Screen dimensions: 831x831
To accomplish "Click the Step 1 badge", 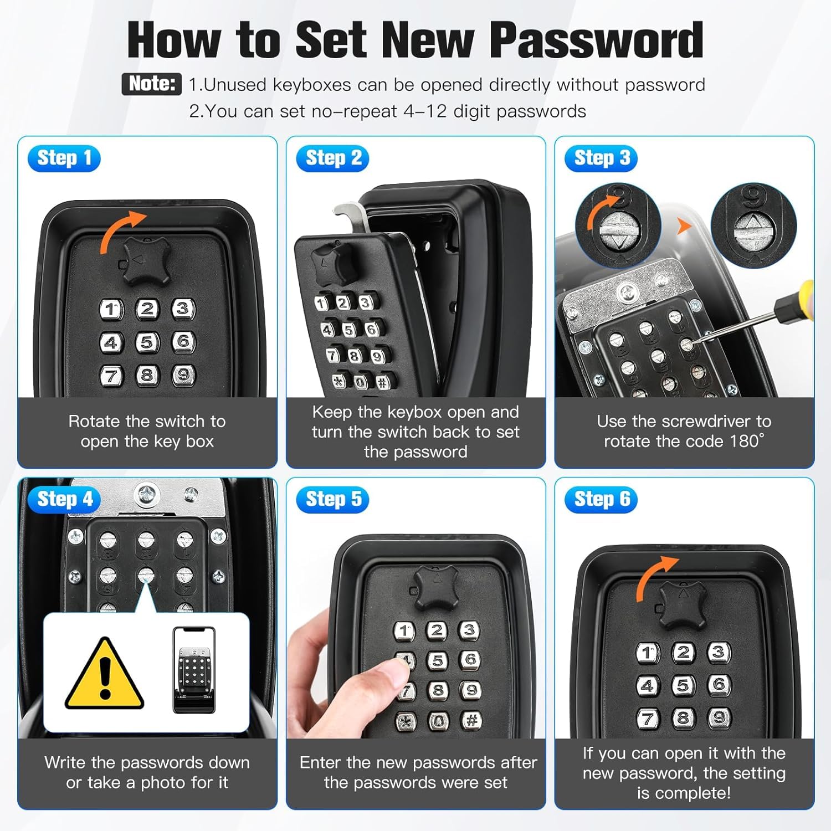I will [x=64, y=158].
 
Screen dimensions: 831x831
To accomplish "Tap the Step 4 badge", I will [x=64, y=499].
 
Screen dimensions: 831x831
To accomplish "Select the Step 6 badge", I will [x=601, y=499].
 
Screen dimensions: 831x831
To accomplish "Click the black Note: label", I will [x=151, y=84].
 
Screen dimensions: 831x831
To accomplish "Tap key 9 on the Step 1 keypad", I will [x=183, y=375].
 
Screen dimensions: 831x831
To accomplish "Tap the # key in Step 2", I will [x=382, y=382].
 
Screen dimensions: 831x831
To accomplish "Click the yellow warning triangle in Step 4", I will [x=104, y=674].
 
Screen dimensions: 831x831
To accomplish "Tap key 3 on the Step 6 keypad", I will [x=719, y=652].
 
